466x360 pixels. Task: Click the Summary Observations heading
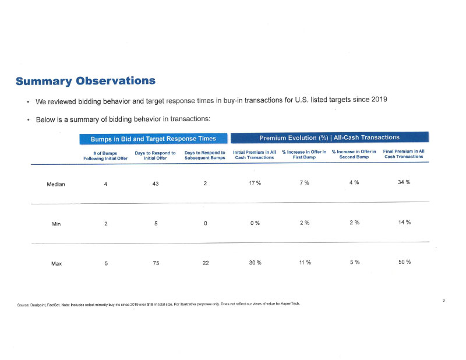click(86, 81)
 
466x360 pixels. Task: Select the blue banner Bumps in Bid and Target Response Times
click(153, 139)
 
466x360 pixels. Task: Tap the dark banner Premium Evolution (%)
click(330, 137)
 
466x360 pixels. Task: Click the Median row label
click(55, 184)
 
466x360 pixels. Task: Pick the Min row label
click(56, 224)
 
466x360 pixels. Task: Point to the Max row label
click(57, 263)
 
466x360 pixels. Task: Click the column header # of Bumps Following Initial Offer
click(105, 156)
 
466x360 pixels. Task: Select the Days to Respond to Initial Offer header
click(155, 156)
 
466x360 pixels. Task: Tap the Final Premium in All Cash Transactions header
click(404, 154)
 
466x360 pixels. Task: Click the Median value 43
click(156, 183)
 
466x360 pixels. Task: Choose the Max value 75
click(156, 263)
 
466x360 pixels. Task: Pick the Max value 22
click(206, 263)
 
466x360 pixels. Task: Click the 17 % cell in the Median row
click(255, 183)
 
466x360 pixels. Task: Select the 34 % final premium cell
click(404, 182)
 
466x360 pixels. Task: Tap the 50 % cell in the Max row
click(405, 262)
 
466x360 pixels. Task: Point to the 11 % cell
click(305, 263)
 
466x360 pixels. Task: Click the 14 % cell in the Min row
click(404, 222)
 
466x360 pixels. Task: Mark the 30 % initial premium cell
click(255, 263)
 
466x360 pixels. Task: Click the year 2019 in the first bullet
click(379, 99)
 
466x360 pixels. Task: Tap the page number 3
click(444, 300)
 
